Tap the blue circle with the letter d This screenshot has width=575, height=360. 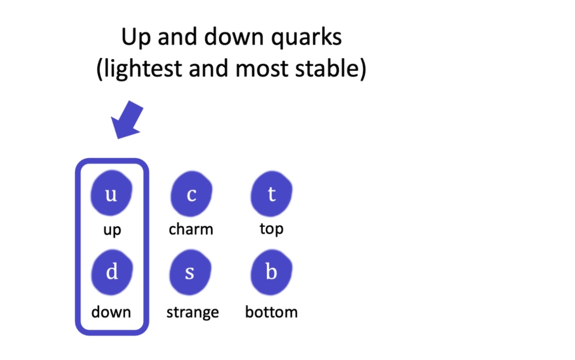(112, 272)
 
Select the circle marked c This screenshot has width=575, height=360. (191, 195)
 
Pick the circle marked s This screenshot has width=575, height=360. (190, 272)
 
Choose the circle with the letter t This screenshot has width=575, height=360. (271, 194)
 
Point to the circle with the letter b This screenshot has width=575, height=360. (271, 272)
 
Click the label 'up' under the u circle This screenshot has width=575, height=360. (112, 230)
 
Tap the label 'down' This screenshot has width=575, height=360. (111, 312)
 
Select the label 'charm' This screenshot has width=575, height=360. (191, 228)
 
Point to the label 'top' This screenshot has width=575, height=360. (271, 228)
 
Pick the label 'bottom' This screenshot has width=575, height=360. (271, 312)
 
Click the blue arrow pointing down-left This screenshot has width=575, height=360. (128, 119)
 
